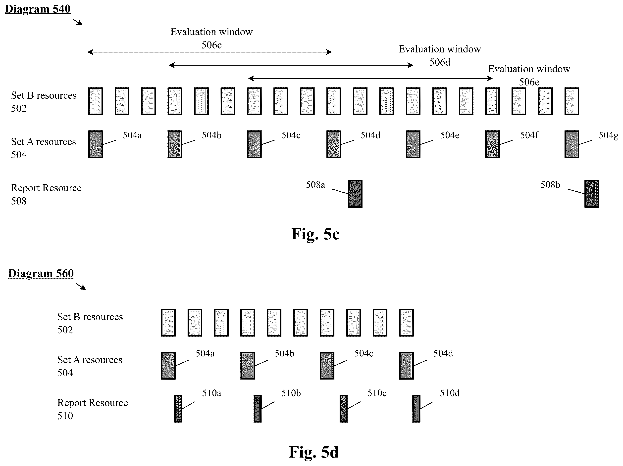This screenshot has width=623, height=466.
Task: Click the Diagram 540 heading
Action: (38, 9)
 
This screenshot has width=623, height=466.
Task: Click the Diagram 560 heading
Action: (41, 273)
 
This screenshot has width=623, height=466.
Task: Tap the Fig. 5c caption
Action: (315, 234)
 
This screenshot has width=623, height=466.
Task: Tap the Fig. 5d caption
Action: (314, 452)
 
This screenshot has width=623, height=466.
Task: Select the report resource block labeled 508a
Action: (355, 194)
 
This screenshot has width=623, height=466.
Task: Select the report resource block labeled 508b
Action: (592, 194)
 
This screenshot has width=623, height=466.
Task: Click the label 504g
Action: (608, 135)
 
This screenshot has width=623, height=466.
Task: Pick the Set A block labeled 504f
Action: (492, 144)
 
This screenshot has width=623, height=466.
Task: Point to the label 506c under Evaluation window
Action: (211, 45)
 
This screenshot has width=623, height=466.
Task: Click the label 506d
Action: (440, 62)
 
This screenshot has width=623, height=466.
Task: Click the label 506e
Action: (529, 82)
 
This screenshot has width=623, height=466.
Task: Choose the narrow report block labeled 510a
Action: (178, 409)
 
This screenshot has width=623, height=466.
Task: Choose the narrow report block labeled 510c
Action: (344, 409)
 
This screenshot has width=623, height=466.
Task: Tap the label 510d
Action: (450, 393)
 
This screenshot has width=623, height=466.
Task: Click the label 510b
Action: (291, 393)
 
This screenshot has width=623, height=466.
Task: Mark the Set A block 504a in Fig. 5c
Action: (96, 144)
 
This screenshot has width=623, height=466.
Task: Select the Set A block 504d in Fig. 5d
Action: (406, 366)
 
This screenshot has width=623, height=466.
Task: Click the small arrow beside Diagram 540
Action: (78, 22)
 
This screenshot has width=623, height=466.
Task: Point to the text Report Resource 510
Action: (92, 409)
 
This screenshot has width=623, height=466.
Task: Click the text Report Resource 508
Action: (46, 194)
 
